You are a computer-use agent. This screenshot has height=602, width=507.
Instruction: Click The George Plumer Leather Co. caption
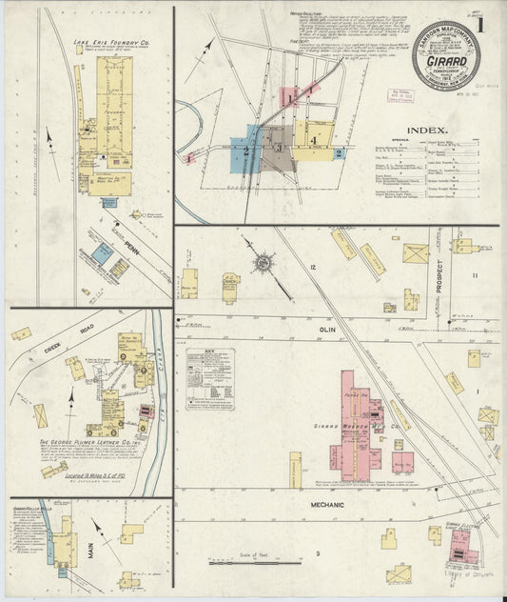(105, 441)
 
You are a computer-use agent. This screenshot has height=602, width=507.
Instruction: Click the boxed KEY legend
(211, 378)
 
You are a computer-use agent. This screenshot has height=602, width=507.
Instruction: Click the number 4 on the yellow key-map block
(312, 140)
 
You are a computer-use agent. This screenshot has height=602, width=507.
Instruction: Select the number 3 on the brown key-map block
(277, 147)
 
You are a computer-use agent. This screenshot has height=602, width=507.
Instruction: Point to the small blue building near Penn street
(102, 252)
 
